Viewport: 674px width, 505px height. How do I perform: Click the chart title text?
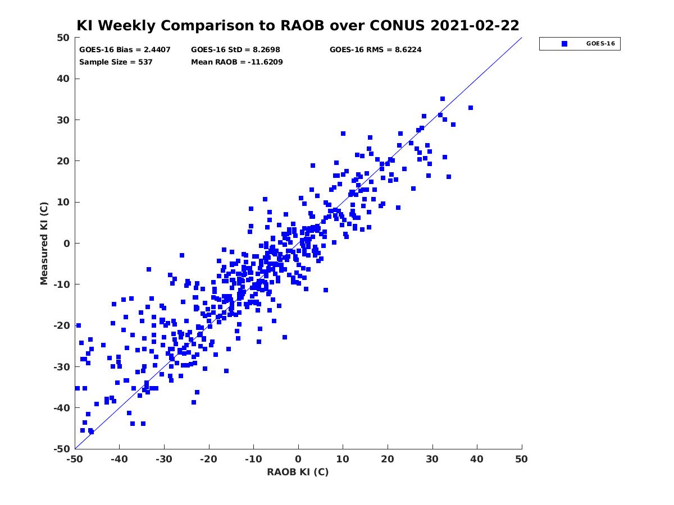(x=298, y=25)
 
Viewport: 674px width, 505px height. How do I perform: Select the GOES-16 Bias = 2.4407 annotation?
(x=125, y=50)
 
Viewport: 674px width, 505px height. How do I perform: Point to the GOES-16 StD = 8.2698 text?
(x=235, y=50)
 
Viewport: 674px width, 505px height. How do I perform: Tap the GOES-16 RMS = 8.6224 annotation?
(x=375, y=50)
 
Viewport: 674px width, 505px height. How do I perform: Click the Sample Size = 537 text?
(x=116, y=62)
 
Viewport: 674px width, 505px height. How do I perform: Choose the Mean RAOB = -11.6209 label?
(x=237, y=62)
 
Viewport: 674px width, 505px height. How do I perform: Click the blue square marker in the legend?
(x=564, y=44)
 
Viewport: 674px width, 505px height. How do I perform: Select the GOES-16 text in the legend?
(x=600, y=44)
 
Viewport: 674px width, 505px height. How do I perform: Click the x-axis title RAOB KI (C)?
(x=298, y=471)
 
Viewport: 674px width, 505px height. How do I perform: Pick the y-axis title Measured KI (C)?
(x=44, y=243)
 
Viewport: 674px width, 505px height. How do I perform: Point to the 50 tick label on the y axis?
(x=63, y=38)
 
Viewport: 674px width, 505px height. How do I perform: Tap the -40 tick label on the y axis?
(x=62, y=408)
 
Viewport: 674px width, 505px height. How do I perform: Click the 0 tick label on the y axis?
(x=67, y=244)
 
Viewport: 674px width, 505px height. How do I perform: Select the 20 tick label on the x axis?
(x=388, y=459)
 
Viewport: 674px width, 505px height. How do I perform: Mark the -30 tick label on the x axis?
(x=164, y=459)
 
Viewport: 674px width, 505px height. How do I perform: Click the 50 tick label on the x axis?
(x=521, y=459)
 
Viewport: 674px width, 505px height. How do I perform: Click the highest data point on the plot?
(x=443, y=99)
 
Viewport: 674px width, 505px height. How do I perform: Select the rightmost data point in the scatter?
(x=471, y=108)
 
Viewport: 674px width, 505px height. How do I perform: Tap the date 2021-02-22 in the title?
(x=475, y=25)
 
